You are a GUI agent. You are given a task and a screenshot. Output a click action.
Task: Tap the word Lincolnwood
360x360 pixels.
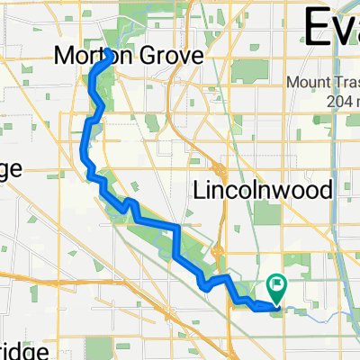264,192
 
